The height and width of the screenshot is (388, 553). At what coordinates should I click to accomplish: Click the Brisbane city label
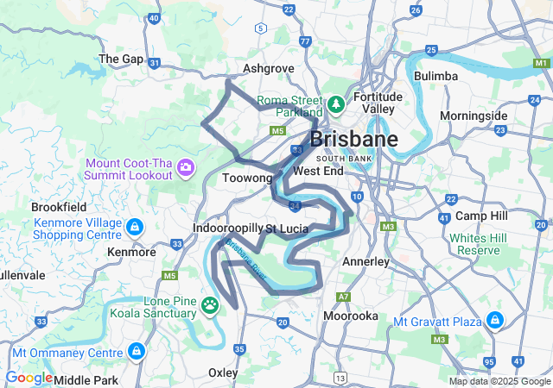coord(353,140)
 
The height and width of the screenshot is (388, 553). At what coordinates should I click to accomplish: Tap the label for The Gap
coord(121,59)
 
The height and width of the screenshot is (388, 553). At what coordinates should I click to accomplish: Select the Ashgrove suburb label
coord(269,68)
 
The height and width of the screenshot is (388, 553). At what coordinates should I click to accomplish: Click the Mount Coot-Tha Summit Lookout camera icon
coord(185,166)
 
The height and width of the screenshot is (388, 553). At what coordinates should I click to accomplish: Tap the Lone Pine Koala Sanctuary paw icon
coord(211,304)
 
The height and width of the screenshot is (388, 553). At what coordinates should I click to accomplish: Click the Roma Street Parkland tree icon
coord(336,104)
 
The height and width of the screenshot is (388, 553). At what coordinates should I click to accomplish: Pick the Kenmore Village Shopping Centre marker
coord(134,228)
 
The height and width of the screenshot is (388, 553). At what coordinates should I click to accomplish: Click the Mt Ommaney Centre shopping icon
coord(137,351)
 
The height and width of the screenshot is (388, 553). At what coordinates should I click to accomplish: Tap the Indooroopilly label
coord(227,228)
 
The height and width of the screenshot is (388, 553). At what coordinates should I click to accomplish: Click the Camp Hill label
coord(480,215)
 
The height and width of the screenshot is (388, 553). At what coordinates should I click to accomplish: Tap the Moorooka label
coord(350,316)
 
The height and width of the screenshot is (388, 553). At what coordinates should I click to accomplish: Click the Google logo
coord(29,377)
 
